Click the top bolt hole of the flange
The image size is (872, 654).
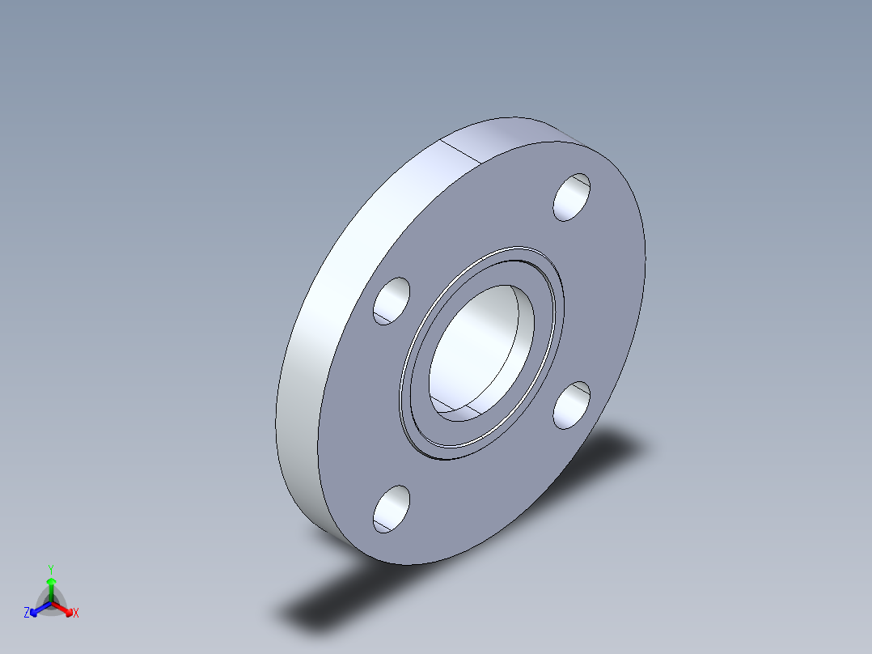click(572, 197)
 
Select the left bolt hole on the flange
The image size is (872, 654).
click(392, 301)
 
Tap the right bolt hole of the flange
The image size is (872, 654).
click(572, 405)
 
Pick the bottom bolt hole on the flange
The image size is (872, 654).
click(392, 509)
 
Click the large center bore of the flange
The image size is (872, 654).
click(482, 348)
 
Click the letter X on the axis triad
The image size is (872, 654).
click(75, 614)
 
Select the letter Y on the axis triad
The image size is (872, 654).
click(50, 569)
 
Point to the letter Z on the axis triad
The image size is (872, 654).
click(27, 614)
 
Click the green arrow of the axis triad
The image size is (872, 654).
click(50, 586)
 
